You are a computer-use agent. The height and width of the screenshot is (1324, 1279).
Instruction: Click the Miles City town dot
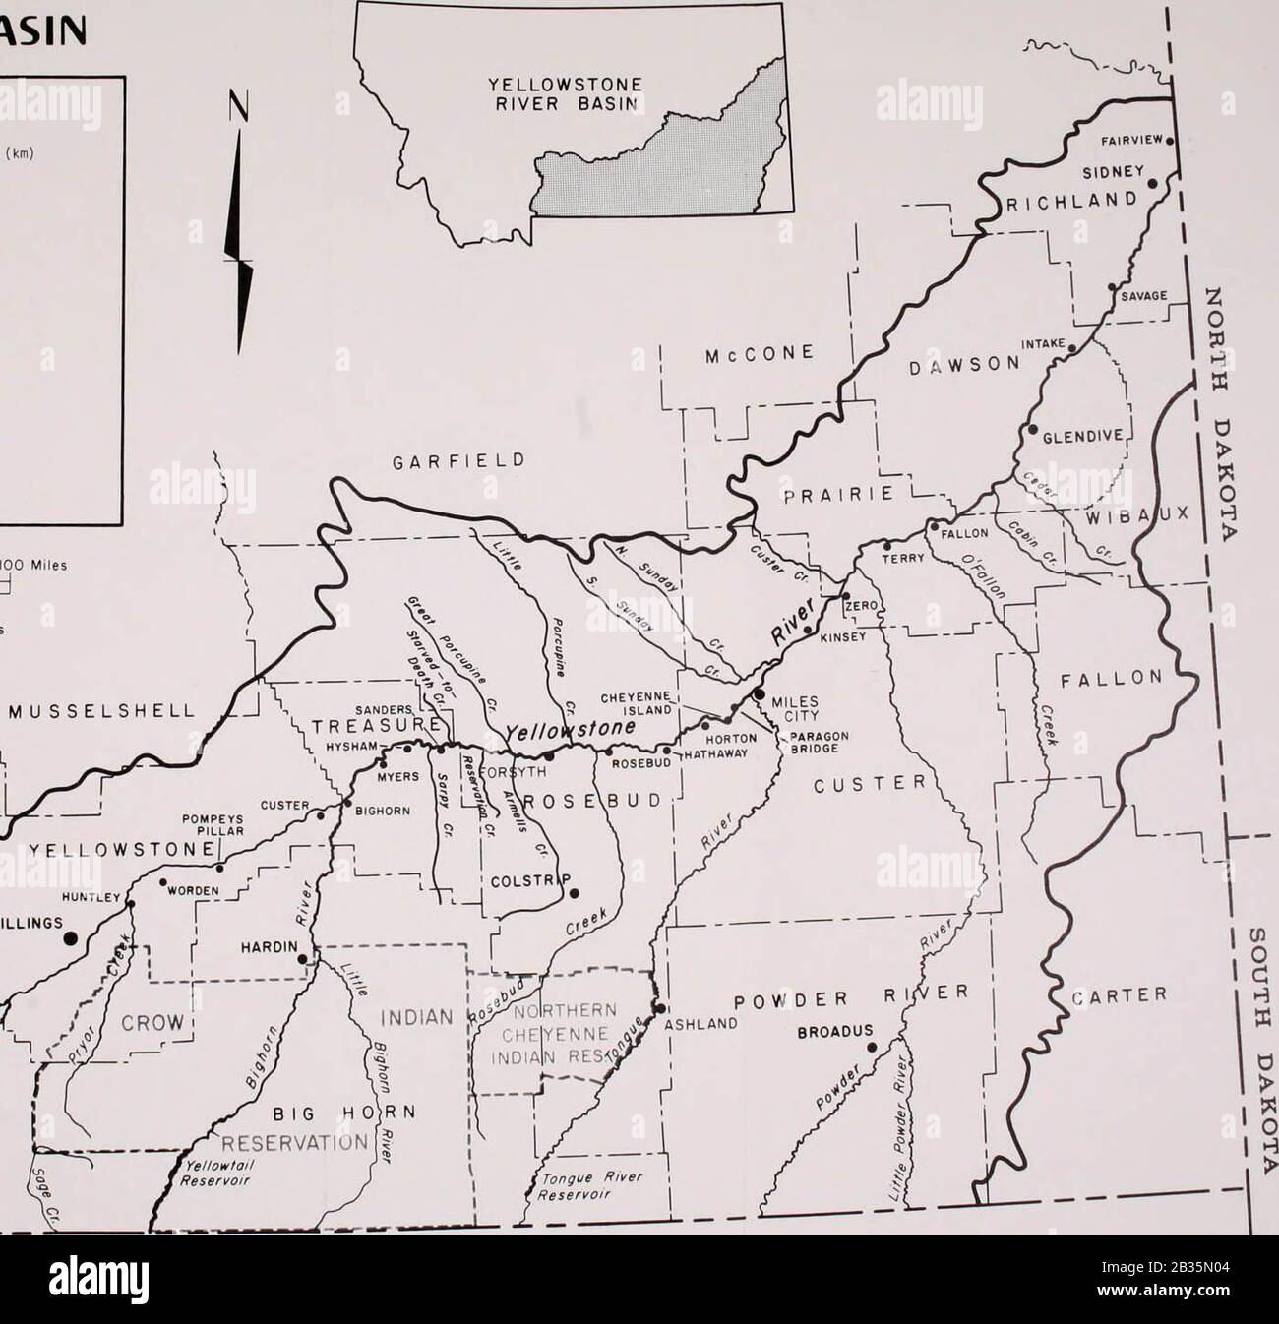[759, 694]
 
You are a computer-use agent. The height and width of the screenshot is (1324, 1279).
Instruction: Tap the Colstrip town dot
[575, 893]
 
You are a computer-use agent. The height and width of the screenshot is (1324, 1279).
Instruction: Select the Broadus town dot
[871, 1048]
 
